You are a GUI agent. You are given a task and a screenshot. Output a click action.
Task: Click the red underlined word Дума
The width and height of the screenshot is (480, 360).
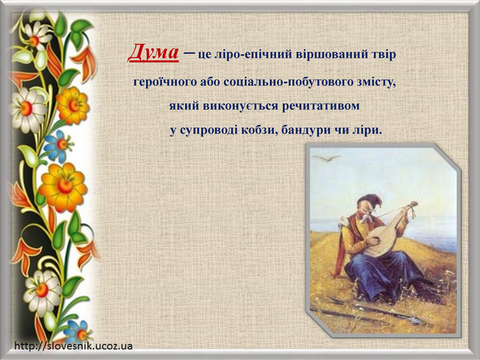154,52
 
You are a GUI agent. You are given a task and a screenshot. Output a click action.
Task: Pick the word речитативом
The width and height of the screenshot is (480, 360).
320,106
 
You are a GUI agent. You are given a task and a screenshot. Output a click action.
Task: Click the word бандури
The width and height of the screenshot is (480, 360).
306,130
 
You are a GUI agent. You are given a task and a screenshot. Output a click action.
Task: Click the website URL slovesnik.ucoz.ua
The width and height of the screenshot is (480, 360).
73,346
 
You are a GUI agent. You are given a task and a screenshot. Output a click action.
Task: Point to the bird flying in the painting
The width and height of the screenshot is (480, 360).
326,158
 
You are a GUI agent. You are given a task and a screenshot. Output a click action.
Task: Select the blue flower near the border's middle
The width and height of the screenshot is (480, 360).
58,146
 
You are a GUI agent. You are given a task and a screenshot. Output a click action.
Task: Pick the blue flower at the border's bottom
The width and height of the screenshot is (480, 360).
77,331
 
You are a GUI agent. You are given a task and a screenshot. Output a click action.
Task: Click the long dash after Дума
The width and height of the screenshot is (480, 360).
189,52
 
